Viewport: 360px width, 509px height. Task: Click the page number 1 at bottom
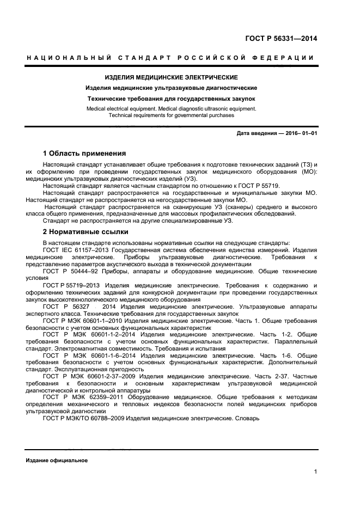pos(315,471)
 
